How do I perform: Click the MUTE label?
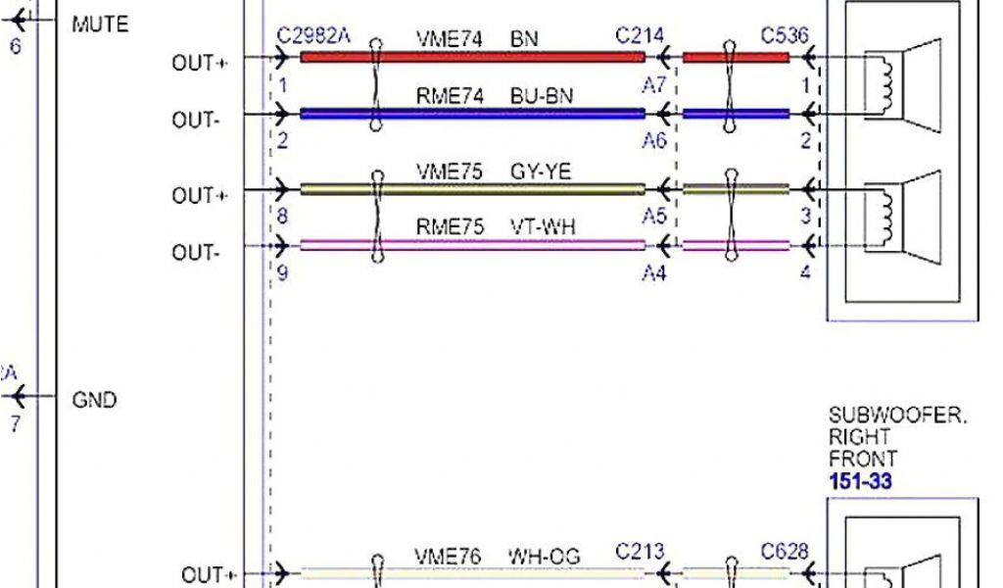(100, 24)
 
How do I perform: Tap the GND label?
(94, 400)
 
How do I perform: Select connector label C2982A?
(313, 36)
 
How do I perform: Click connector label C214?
(640, 36)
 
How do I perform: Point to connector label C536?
(785, 36)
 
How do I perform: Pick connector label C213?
(640, 553)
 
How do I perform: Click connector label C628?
(785, 553)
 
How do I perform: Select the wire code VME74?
(450, 40)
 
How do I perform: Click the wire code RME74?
(450, 96)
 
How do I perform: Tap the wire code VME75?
(450, 171)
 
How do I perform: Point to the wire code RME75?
(450, 227)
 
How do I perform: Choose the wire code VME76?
(450, 557)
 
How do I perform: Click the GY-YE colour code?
(541, 171)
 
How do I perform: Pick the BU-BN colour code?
(542, 96)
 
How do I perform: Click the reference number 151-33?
(860, 481)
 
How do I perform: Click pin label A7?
(654, 86)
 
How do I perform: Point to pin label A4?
(654, 273)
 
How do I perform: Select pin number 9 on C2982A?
(283, 273)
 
